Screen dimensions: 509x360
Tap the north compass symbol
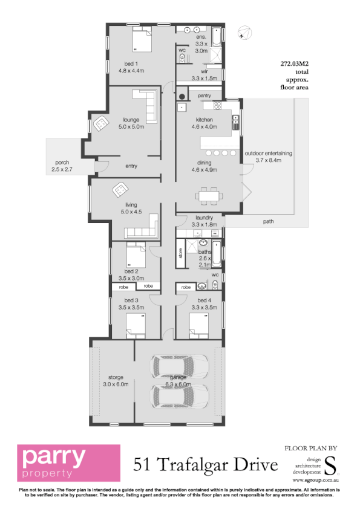point(243,32)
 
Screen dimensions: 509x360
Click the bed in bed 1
point(140,41)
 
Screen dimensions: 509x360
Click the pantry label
point(204,96)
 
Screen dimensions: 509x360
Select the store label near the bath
point(180,253)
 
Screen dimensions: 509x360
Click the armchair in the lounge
point(100,123)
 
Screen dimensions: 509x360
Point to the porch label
point(62,167)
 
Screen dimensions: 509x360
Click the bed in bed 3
point(136,329)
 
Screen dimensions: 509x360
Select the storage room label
point(112,380)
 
